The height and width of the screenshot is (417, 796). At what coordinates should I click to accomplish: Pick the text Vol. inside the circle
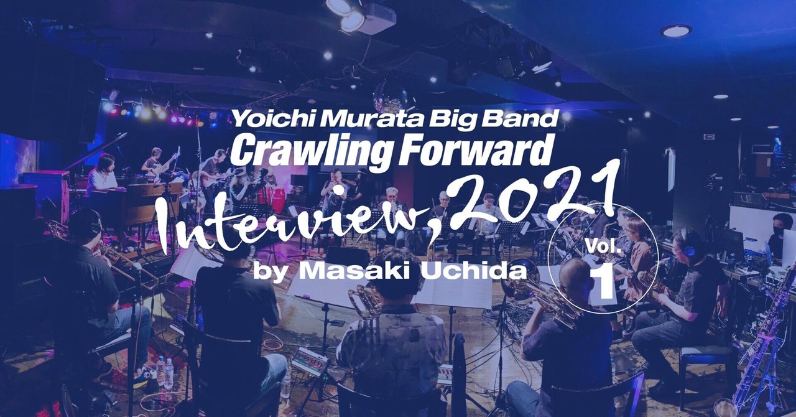(603, 245)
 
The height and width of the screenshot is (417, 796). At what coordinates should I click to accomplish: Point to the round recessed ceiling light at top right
(676, 30)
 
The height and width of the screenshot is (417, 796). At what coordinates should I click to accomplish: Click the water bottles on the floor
(164, 371)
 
